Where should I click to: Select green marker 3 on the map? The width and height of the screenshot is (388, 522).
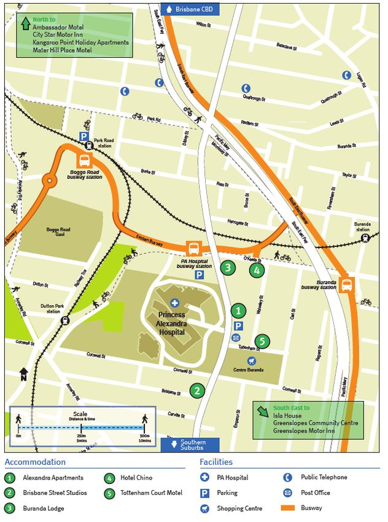228,267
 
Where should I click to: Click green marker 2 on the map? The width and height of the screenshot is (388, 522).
196,391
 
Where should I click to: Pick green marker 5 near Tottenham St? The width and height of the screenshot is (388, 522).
262,341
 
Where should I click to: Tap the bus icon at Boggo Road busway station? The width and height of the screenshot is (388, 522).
84,160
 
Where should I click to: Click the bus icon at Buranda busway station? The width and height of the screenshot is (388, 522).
346,284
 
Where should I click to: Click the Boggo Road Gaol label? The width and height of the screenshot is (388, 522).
58,233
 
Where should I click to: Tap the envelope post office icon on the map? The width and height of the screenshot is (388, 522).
236,338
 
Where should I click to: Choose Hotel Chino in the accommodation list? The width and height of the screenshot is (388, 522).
137,477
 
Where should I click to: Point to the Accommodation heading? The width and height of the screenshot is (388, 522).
35,462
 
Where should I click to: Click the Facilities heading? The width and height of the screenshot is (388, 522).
216,462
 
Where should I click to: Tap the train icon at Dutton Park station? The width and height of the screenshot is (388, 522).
65,320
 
